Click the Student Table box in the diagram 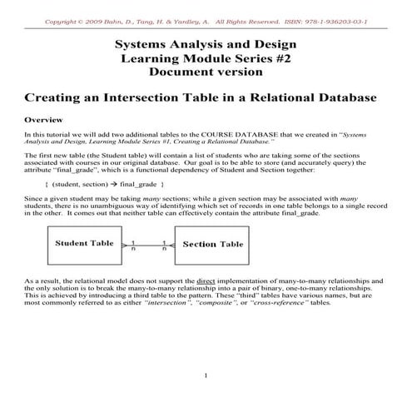pyautogui.click(x=83, y=244)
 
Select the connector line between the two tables pyautogui.click(x=147, y=245)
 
